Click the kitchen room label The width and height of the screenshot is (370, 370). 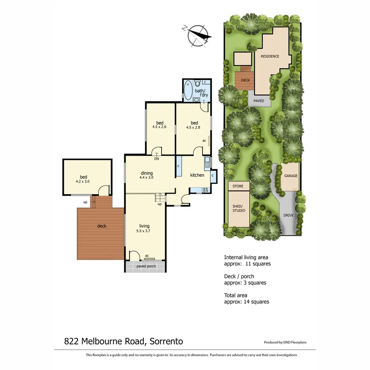[x=197, y=175]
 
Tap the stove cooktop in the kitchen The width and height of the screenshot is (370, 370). [x=206, y=190]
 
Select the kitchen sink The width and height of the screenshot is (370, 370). [x=207, y=162]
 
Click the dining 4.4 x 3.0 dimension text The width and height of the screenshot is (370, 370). [x=146, y=178]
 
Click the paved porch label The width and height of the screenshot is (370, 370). [x=146, y=266]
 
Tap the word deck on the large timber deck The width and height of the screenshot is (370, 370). [x=102, y=226]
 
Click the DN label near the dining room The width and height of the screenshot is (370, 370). [x=157, y=159]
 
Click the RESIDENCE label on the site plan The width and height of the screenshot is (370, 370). [x=270, y=56]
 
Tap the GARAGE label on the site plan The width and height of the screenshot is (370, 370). [x=291, y=175]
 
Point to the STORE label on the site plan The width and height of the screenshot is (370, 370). [x=238, y=186]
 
